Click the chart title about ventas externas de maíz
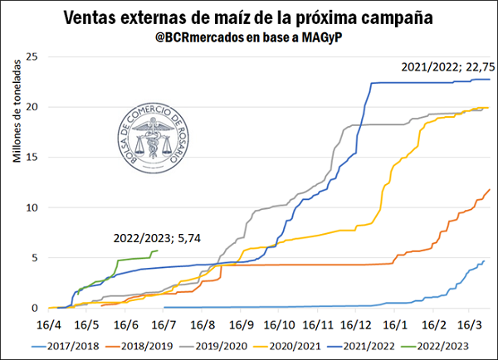coord(249,18)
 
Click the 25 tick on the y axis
coord(33,56)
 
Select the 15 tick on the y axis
coord(33,157)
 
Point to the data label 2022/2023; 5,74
coord(158,238)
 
